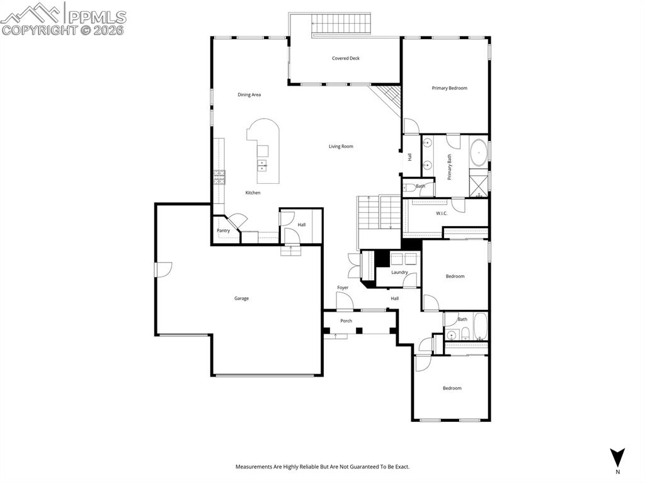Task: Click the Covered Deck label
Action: pos(346,59)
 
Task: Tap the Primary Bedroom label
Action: pos(449,88)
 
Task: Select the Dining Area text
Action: pos(249,95)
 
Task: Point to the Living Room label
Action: pos(341,147)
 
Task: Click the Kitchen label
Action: pos(253,193)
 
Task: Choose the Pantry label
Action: pos(224,230)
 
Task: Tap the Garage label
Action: pos(241,298)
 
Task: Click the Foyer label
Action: pos(343,288)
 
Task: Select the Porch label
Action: pos(346,321)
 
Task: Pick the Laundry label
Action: pos(399,273)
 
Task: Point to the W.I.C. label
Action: pos(442,213)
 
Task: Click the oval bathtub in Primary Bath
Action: pos(479,153)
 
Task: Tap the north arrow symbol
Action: pos(617,457)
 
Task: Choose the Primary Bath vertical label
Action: pos(450,167)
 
